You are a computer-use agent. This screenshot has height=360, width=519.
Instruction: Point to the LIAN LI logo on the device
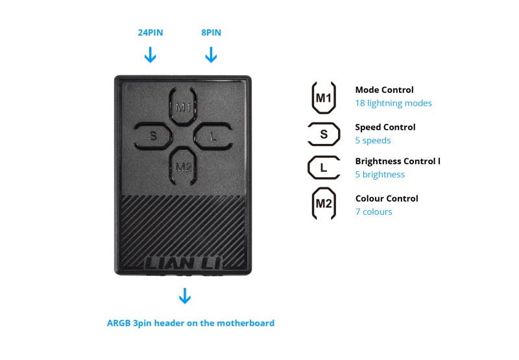(184, 263)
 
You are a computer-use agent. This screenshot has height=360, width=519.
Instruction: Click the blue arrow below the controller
(185, 296)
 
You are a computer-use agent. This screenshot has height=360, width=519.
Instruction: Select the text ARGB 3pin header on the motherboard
(191, 323)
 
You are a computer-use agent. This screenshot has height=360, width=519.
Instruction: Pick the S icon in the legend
(324, 134)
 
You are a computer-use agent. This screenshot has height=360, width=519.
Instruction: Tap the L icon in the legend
(324, 168)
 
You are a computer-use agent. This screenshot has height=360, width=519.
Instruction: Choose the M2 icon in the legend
(323, 204)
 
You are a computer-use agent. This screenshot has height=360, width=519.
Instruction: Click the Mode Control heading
(384, 90)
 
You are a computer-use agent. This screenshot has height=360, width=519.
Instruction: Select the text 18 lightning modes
(393, 103)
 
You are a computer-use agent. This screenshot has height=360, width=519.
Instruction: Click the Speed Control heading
(385, 127)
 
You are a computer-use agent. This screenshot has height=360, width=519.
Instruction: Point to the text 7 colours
(374, 211)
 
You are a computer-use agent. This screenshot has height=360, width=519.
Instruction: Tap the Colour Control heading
(387, 198)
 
